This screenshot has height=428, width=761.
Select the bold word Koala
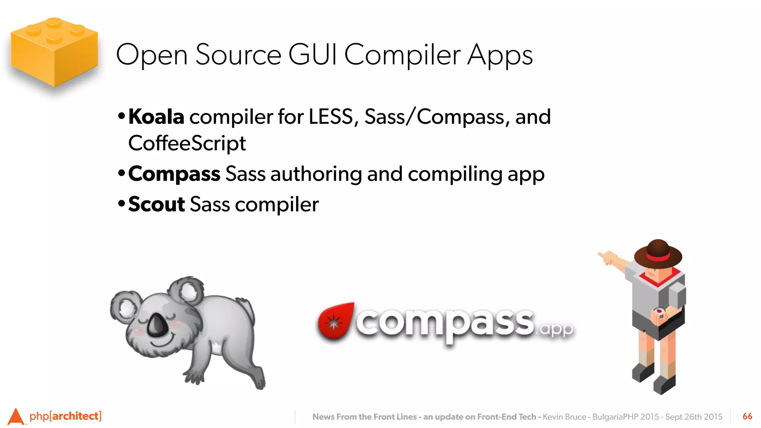pos(156,117)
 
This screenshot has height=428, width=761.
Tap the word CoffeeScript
pos(187,143)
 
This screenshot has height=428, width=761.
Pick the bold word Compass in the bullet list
pos(174,174)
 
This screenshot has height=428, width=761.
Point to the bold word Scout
pos(156,204)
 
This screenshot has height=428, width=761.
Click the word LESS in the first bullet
pos(331,117)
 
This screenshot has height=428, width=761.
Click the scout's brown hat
pos(658,253)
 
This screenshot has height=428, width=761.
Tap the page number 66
pos(747,416)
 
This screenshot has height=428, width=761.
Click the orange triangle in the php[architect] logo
pos(16,416)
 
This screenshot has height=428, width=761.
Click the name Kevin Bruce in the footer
pos(564,417)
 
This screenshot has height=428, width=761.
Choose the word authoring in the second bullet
pos(316,174)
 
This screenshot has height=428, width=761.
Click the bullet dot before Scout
pos(121,204)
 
